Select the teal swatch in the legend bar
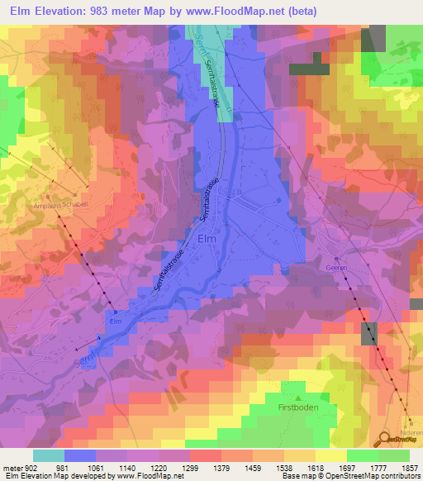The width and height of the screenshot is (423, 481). click(x=48, y=455)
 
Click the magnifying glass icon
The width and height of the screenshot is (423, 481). click(x=386, y=440)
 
